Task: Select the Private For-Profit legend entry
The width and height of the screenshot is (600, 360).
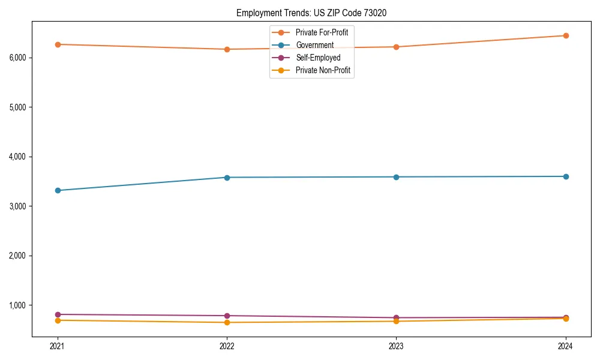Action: coord(322,32)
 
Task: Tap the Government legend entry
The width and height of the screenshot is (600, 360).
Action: coord(314,45)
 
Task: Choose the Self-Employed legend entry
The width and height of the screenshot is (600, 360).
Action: coord(318,58)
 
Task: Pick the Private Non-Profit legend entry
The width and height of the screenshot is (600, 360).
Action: coord(323,70)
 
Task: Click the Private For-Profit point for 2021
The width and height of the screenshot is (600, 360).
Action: coord(58,44)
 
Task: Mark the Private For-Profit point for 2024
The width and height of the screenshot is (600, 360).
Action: coord(566,35)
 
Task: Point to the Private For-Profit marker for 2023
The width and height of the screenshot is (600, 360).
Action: coord(396,47)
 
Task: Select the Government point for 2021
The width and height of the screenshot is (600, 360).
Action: coord(58,190)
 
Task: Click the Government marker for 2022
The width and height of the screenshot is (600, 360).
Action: coord(227,178)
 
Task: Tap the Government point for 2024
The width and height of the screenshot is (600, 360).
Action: coord(566,176)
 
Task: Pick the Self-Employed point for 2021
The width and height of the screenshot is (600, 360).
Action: coord(58,314)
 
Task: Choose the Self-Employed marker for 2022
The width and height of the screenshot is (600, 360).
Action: coord(227,316)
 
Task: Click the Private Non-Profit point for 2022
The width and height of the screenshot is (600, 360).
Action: coord(227,322)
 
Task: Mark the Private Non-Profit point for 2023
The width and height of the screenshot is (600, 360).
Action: coord(396,321)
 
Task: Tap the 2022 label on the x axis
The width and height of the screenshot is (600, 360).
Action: coord(227,346)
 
